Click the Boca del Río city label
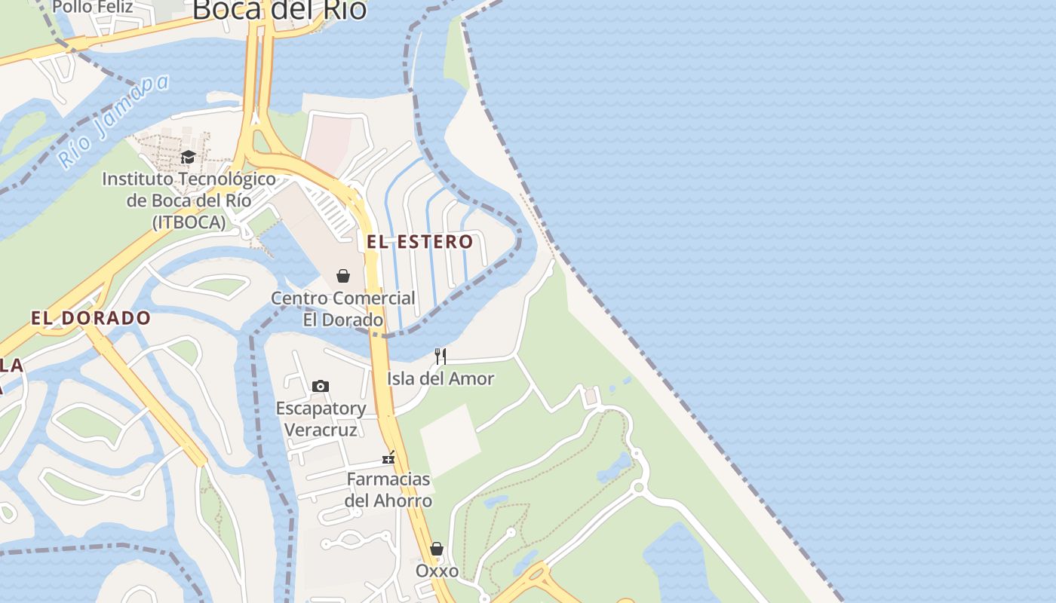279,10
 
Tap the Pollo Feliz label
93,8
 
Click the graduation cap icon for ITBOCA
188,157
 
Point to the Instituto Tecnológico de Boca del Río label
189,200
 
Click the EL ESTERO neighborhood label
419,242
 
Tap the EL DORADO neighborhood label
91,318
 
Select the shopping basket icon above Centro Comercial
343,276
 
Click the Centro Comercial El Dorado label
343,308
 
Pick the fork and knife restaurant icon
441,356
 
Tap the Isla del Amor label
441,378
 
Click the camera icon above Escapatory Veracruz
321,386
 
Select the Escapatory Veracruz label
321,418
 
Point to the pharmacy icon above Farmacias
389,457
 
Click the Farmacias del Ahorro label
388,489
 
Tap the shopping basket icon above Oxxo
437,548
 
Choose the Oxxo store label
437,571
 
